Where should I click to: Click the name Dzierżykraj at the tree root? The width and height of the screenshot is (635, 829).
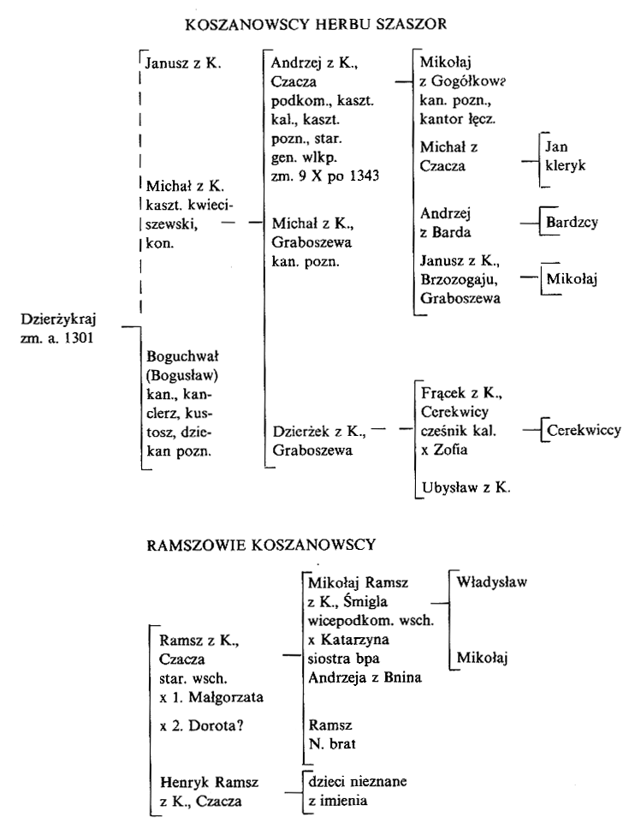59,319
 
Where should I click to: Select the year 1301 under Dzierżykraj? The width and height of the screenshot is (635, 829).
80,337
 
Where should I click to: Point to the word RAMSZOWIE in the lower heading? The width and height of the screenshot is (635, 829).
194,545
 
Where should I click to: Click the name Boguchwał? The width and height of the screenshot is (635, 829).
182,356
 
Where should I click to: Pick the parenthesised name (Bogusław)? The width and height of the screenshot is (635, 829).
182,375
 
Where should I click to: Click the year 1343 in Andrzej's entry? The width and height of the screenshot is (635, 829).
364,176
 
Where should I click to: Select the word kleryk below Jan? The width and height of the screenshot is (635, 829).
566,165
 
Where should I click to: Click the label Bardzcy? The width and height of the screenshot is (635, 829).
573,222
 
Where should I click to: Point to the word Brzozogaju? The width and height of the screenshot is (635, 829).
460,279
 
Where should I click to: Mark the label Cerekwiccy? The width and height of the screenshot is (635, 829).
584,431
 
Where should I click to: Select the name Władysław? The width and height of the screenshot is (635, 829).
492,582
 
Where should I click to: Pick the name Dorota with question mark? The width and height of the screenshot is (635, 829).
216,725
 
